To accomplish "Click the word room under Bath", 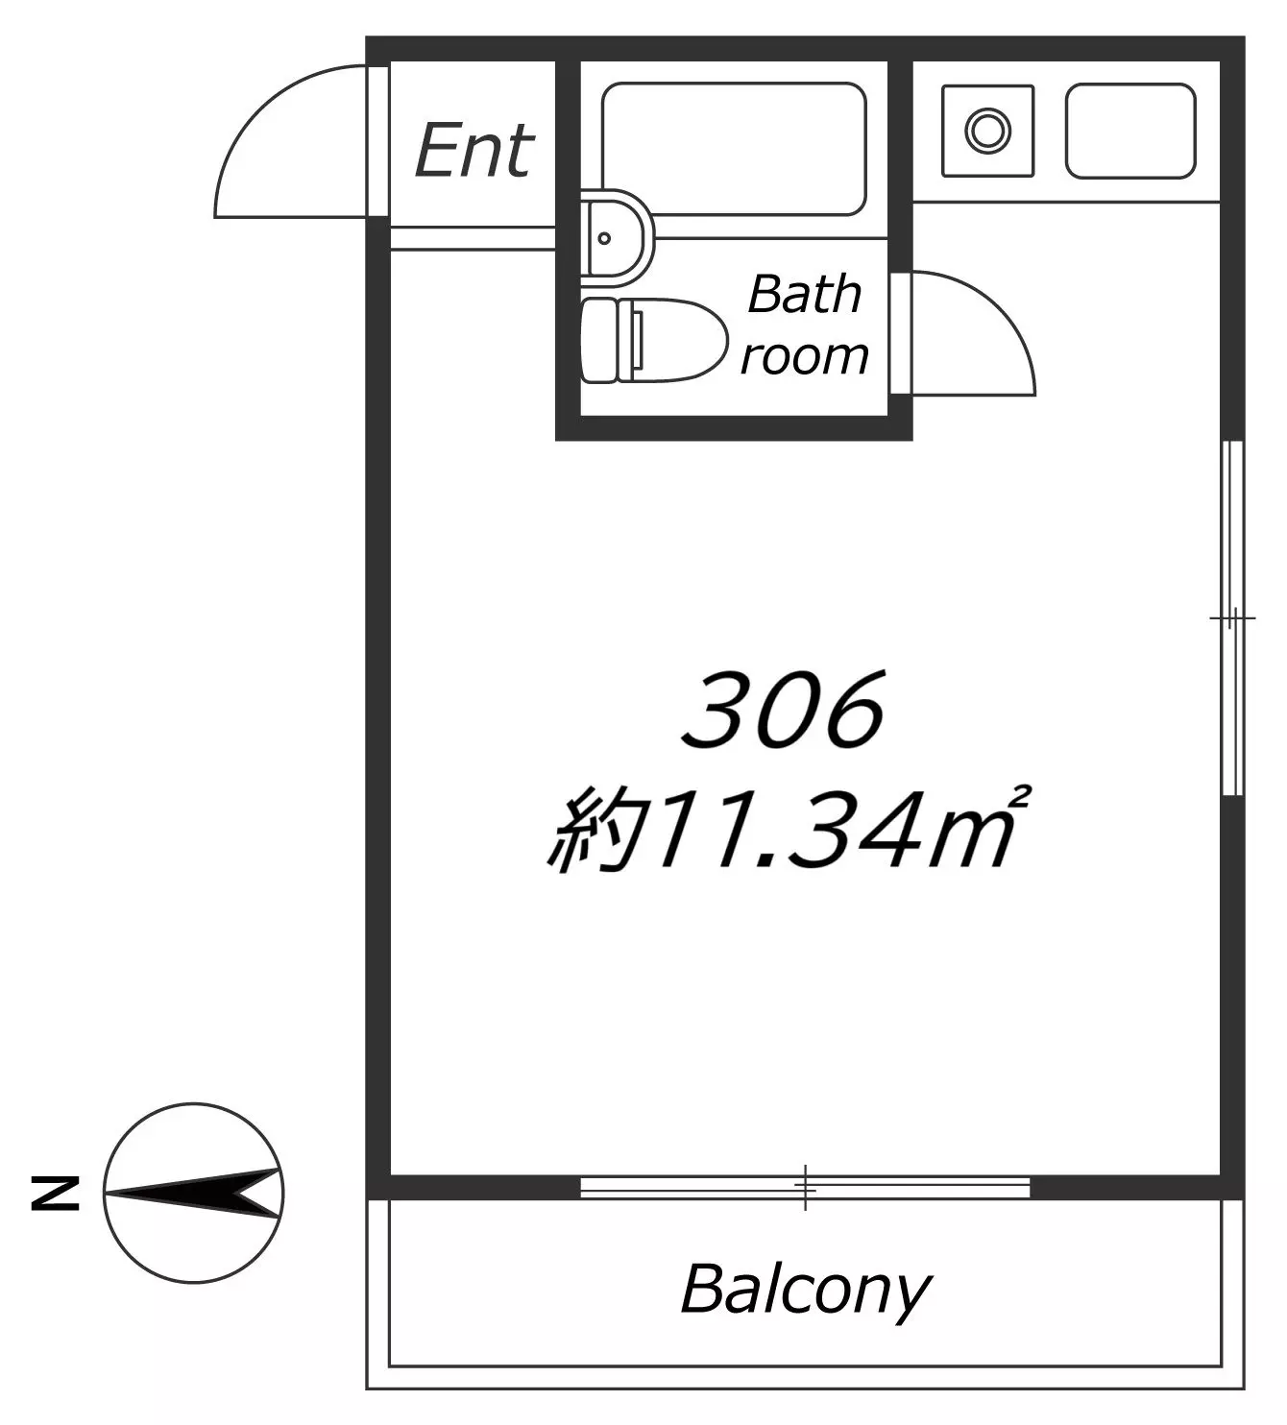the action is point(805,356).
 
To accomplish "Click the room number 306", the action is point(783,710).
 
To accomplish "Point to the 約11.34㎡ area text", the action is point(789,830).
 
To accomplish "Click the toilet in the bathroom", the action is point(654,340).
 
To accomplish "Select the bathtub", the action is point(734,149).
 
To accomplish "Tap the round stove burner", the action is point(987,131).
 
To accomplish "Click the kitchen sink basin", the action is point(1130,131).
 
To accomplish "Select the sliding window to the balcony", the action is point(805,1188).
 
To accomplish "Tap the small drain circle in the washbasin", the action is point(604,238).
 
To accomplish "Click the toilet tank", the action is point(599,340).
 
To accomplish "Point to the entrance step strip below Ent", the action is point(473,238).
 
